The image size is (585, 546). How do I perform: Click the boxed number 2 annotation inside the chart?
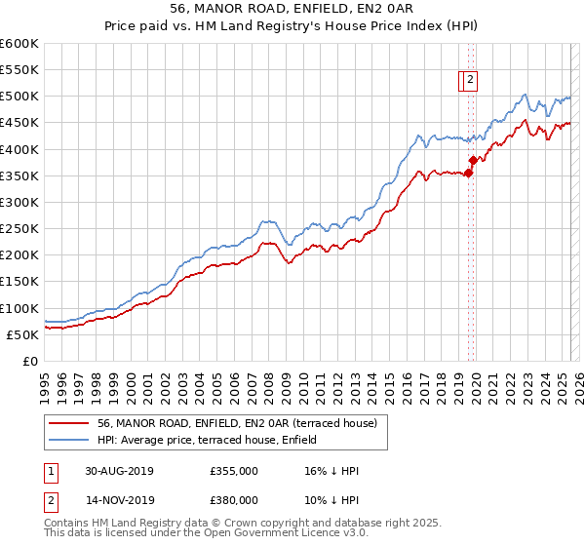point(470,81)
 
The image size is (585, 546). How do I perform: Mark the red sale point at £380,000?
point(473,160)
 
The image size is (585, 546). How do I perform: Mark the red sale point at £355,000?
point(468,174)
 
